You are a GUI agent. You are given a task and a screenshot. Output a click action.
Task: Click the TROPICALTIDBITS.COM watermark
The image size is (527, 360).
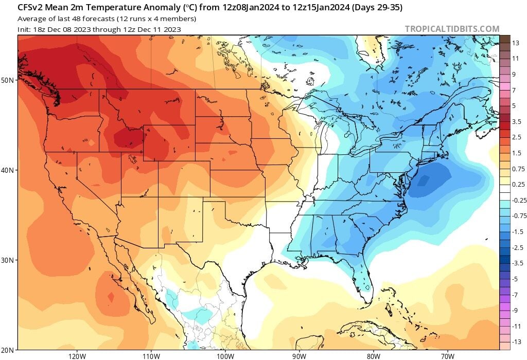click(452, 29)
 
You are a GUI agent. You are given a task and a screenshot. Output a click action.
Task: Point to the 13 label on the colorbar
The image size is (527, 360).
click(517, 44)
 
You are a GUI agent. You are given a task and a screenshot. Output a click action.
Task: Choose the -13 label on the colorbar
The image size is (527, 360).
click(517, 341)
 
